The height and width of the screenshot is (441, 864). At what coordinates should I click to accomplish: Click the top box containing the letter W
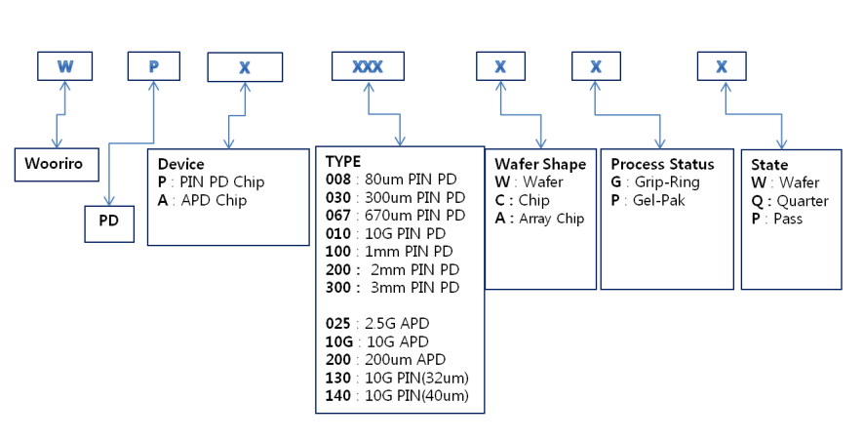point(65,66)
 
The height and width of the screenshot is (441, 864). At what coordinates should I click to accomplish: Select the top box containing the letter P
point(154,66)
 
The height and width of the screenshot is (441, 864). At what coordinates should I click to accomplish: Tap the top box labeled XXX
point(367,66)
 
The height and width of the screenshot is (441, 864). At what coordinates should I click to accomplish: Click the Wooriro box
point(57,165)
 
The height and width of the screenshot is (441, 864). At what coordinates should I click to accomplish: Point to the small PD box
point(109,221)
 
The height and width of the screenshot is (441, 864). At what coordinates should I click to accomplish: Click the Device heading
point(181,164)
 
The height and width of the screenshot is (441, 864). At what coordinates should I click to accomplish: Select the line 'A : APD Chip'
point(202,200)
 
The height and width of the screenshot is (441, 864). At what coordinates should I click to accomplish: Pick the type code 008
point(336,180)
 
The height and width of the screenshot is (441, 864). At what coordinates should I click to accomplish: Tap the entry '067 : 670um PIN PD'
point(395,216)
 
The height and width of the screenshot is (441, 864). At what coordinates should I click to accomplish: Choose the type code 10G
point(336,341)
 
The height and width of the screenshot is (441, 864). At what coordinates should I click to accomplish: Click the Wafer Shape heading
point(540,163)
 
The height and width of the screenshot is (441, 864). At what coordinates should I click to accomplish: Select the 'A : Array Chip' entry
point(539,219)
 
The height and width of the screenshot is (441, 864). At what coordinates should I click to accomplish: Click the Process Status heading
point(662,163)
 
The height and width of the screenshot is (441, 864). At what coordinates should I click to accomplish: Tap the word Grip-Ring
point(668,181)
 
